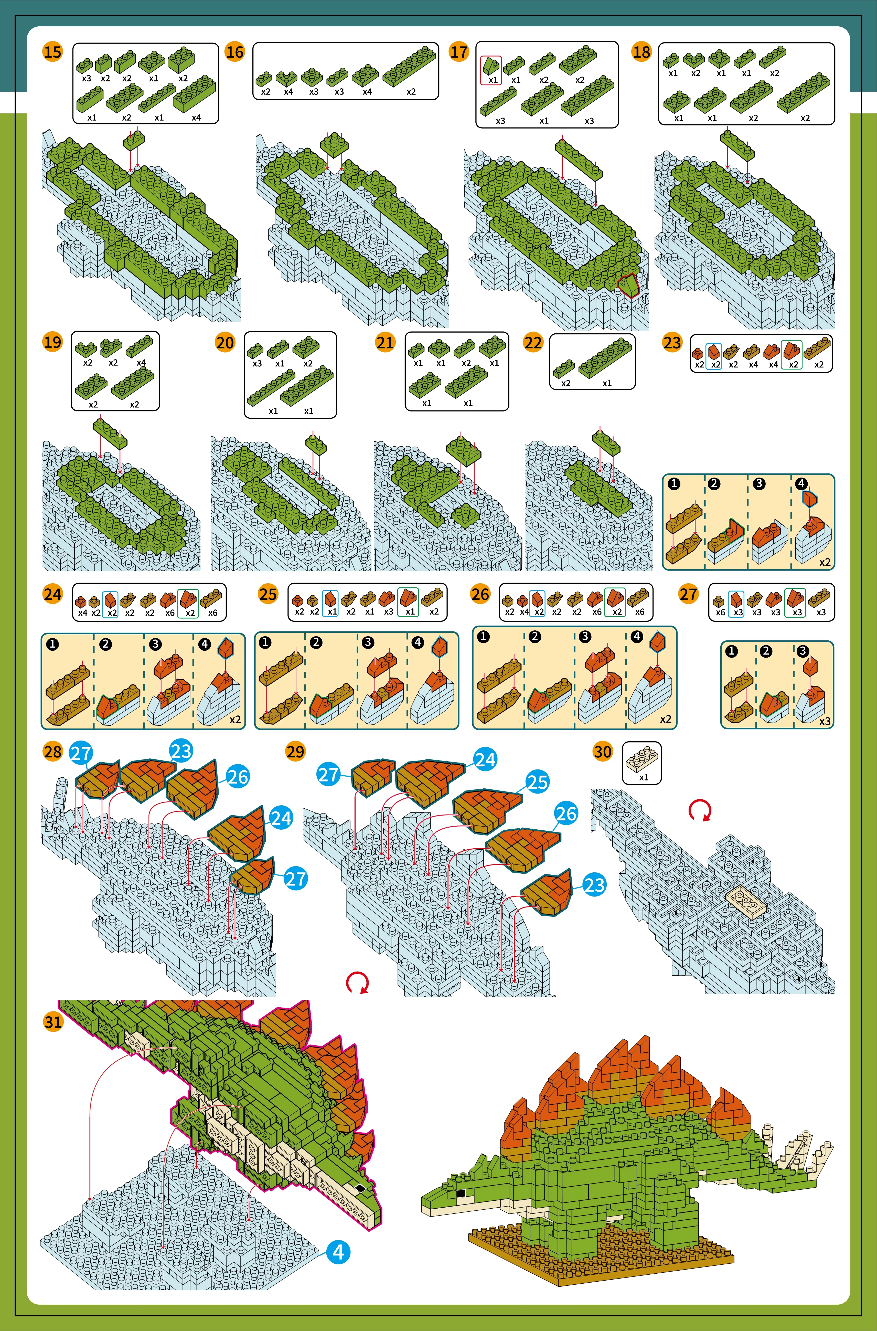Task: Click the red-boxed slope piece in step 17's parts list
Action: coord(491,67)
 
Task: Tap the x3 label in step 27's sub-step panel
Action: coord(825,721)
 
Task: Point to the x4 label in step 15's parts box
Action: coord(196,118)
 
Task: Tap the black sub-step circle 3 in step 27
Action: coord(803,651)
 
